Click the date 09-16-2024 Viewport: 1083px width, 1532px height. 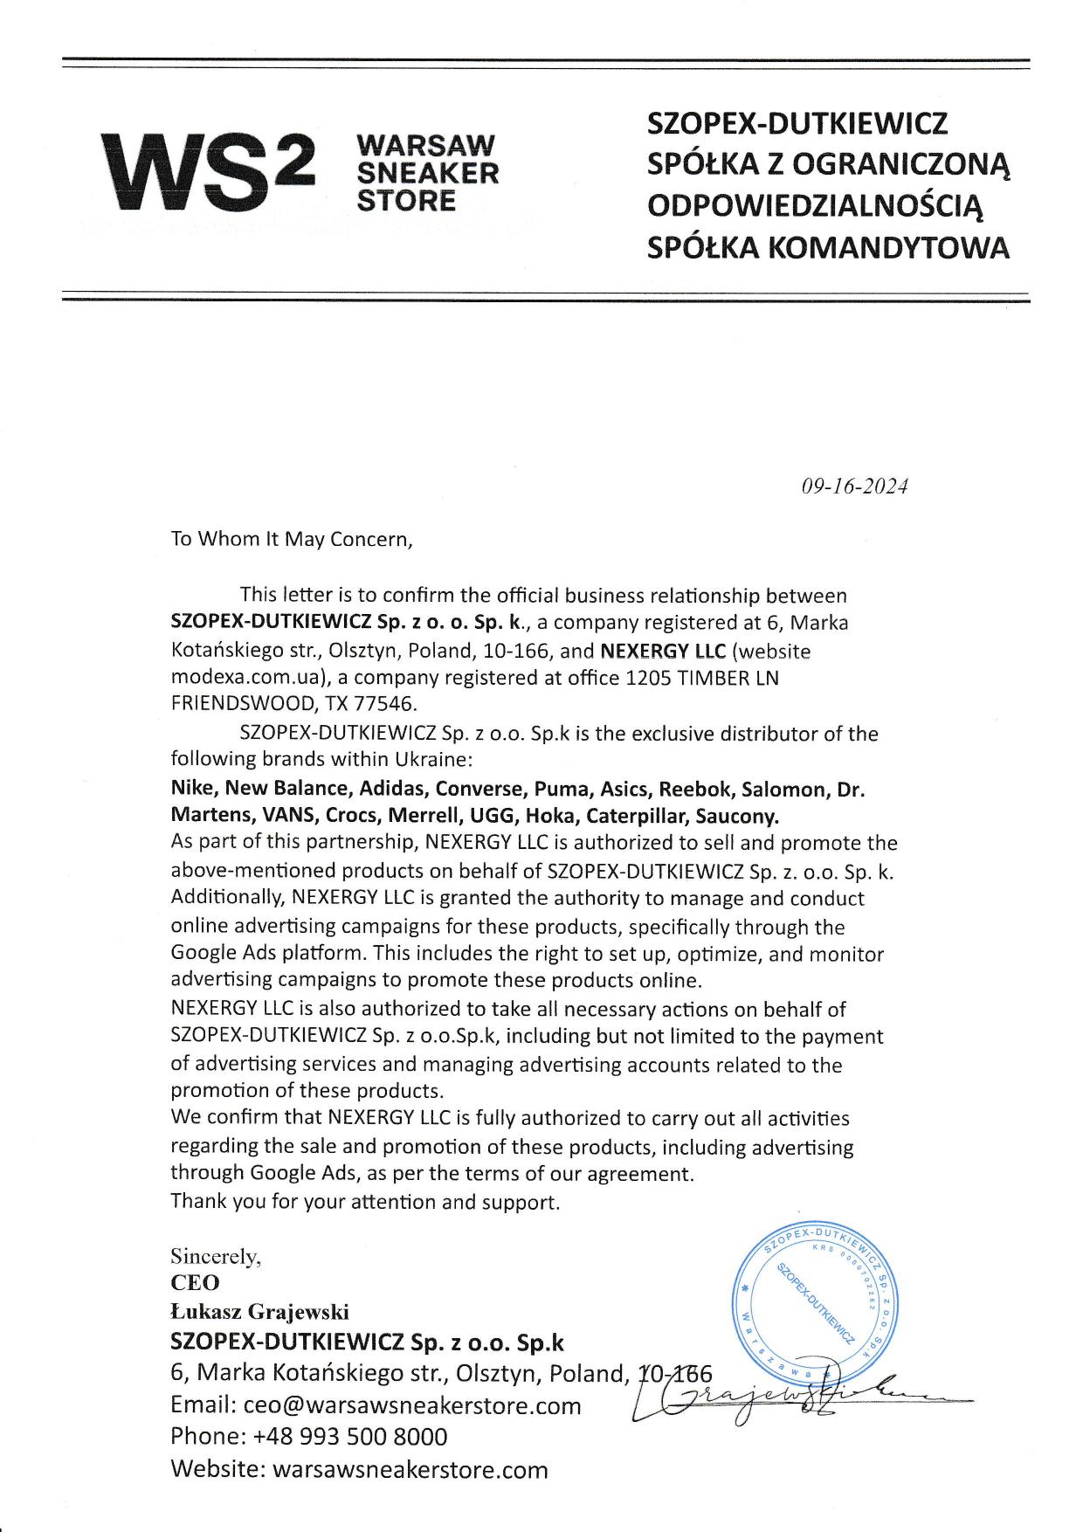coord(854,487)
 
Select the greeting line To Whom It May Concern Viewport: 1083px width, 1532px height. coord(291,538)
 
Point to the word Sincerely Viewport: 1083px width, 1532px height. coord(215,1257)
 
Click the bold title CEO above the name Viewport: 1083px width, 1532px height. coord(195,1283)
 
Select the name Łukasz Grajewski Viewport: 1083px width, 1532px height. coord(259,1312)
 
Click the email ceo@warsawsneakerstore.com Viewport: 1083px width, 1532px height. coord(412,1405)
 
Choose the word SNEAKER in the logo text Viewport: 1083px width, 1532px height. coord(429,172)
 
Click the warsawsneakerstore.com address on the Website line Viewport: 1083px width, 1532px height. coord(410,1469)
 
